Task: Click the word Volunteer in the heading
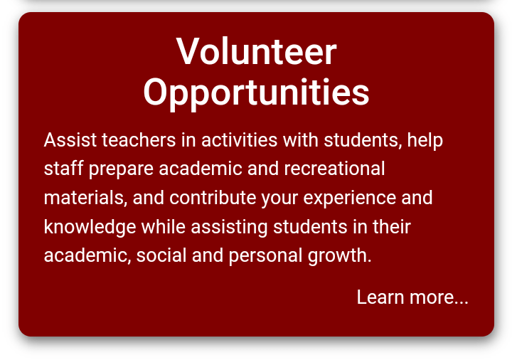[x=256, y=51]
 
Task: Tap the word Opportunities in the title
[x=256, y=94]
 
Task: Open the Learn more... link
[x=412, y=297]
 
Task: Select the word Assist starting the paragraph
[x=70, y=140]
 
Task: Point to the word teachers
[x=139, y=140]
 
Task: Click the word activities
[x=240, y=140]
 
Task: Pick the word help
[x=425, y=141]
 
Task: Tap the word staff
[x=64, y=169]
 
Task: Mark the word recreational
[x=334, y=169]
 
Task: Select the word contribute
[x=213, y=198]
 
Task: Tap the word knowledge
[x=90, y=228]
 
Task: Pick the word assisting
[x=229, y=228]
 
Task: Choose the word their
[x=392, y=226]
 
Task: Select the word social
[x=161, y=255]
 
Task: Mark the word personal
[x=265, y=256]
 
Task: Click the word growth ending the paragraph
[x=337, y=256]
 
